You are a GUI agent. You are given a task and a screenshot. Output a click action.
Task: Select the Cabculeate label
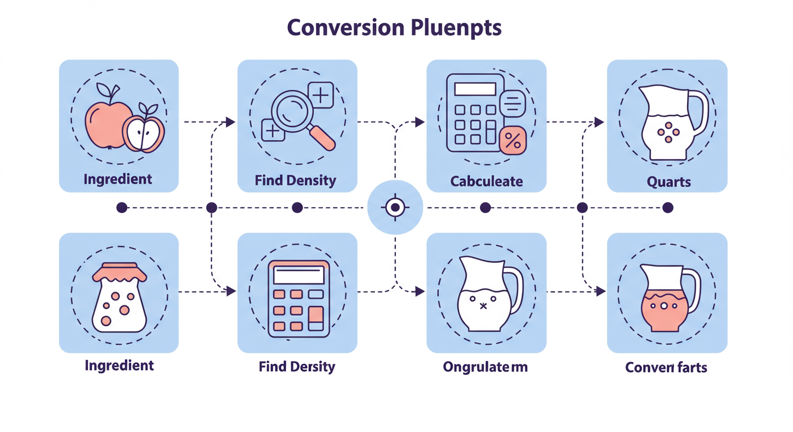(487, 181)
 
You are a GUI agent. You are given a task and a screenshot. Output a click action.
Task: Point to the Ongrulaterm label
(485, 367)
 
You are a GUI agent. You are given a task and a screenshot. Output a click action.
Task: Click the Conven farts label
(666, 367)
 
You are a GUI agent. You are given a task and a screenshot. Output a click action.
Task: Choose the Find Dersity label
(297, 367)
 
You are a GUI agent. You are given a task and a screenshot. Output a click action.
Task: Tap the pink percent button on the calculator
(513, 140)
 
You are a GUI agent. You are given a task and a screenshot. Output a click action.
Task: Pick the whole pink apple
(105, 124)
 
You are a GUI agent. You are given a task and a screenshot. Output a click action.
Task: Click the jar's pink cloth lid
(119, 273)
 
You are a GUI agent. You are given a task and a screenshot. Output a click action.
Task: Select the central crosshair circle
(395, 208)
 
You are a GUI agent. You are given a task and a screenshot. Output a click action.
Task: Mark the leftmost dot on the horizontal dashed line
(121, 208)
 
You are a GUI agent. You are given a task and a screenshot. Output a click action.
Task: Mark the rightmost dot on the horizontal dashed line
(667, 208)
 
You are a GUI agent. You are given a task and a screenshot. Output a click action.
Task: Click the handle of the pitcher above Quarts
(698, 112)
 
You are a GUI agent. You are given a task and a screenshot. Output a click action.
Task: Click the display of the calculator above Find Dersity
(299, 275)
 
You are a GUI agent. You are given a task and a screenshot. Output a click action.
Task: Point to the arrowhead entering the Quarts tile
(599, 121)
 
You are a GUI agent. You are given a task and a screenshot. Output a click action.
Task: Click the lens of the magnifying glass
(291, 109)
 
